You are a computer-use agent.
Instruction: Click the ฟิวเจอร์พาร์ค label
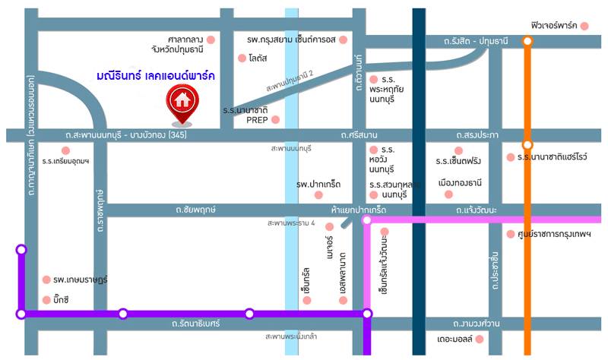[554, 25]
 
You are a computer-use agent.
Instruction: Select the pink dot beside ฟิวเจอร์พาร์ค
[584, 26]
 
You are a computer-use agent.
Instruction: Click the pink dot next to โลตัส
[242, 58]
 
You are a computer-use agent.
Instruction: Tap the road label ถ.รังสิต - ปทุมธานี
[477, 40]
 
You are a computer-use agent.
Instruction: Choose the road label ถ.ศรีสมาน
[359, 135]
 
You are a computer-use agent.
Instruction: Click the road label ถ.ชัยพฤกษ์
[195, 208]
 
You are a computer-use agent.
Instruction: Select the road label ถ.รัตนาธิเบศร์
[195, 324]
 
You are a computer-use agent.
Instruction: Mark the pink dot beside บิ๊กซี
[46, 299]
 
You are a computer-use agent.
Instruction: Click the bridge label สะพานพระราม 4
[291, 223]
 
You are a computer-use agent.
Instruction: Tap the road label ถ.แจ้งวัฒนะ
[477, 209]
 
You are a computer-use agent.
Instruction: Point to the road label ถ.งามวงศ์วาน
[476, 324]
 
